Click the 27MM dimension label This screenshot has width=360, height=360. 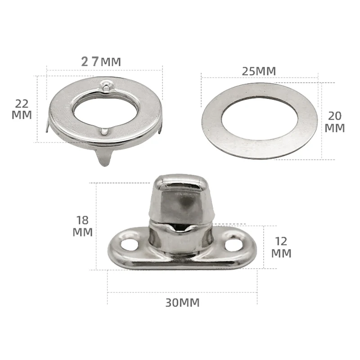101,62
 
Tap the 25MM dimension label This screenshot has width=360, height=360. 259,71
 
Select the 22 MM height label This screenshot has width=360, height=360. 22,109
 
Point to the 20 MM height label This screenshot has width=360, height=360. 335,122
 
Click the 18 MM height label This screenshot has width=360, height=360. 83,226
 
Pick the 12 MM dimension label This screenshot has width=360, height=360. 281,247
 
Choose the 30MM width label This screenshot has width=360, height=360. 183,303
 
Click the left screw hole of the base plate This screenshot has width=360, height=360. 129,244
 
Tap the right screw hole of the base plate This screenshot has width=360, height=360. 233,245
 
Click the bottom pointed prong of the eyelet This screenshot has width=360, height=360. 104,157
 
